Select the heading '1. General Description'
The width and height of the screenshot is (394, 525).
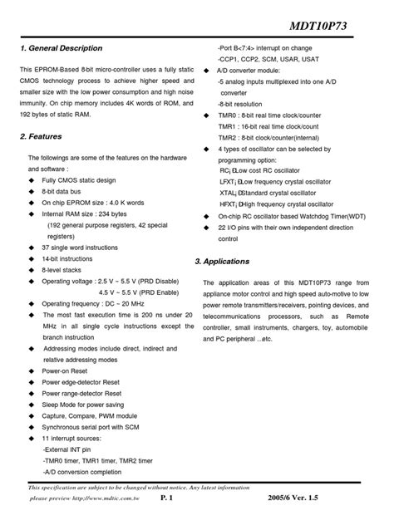(x=61, y=48)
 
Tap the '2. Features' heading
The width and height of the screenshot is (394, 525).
(x=41, y=135)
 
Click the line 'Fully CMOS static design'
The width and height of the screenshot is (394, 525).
(x=79, y=179)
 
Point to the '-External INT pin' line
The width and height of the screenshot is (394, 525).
(x=71, y=449)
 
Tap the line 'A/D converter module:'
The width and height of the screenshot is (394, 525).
(x=250, y=72)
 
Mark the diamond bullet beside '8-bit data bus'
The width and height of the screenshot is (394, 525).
(x=32, y=191)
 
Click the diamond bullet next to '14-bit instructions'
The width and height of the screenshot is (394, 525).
(x=32, y=258)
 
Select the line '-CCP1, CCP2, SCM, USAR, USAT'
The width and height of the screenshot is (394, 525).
(x=268, y=61)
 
